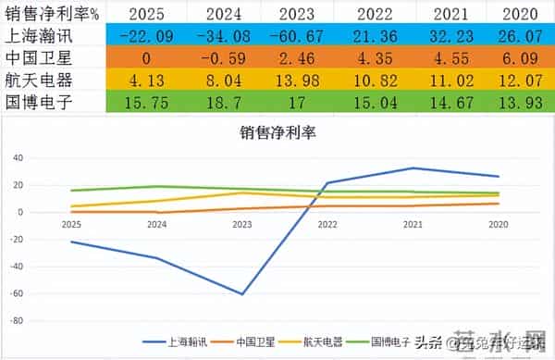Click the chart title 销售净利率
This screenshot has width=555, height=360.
pos(278,133)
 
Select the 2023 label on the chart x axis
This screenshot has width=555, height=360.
pos(242,224)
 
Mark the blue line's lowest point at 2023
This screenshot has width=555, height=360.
pos(242,294)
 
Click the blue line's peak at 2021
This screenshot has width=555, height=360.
pos(413,168)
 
